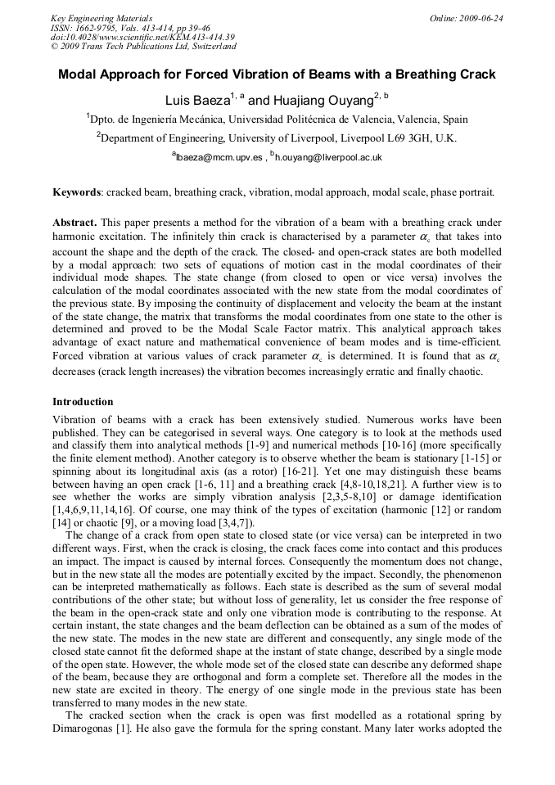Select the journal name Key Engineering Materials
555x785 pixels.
102,18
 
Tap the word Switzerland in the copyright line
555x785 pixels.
207,47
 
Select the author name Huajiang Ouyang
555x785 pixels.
321,101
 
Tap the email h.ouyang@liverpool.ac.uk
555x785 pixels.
329,157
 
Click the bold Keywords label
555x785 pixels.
77,192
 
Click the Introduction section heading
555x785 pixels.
83,402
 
